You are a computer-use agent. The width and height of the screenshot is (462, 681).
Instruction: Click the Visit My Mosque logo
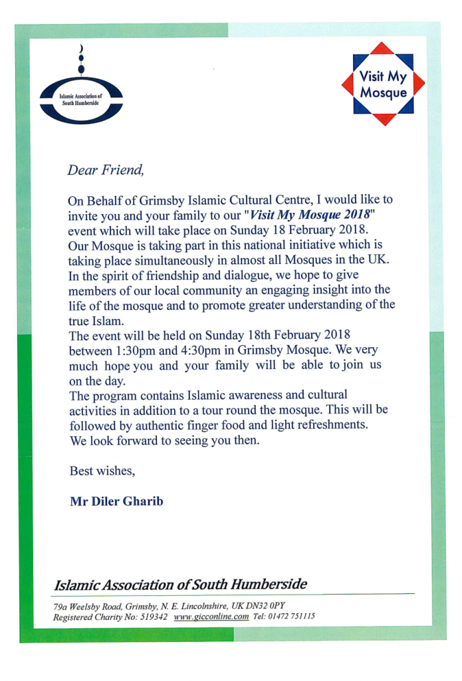(x=383, y=84)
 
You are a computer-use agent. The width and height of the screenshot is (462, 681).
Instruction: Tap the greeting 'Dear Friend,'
(x=105, y=170)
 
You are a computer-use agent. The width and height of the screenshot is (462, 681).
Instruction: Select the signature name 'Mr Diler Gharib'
(x=116, y=501)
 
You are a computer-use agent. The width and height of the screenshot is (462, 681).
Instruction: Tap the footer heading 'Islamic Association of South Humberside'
(x=180, y=585)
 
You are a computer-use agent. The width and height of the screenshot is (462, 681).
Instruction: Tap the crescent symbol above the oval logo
(x=82, y=49)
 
